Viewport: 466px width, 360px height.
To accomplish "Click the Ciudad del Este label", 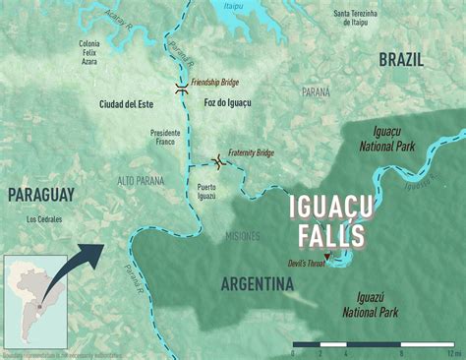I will (x=128, y=102).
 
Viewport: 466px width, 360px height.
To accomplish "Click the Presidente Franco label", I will (x=165, y=139).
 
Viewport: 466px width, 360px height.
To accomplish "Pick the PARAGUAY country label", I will (x=41, y=196).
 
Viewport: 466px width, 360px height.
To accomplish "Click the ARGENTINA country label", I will (x=258, y=284).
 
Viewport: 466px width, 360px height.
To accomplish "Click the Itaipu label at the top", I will (x=262, y=7).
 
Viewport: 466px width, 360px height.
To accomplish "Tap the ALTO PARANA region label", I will (x=142, y=181).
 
